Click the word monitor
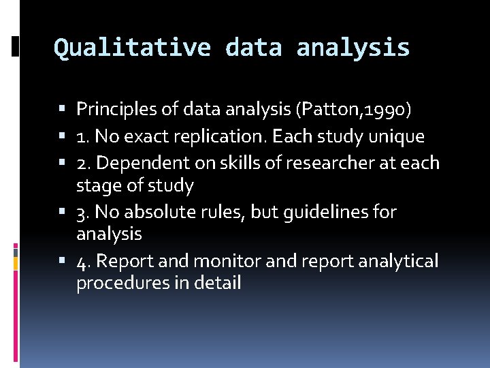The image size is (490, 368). click(220, 262)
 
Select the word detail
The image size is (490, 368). click(217, 283)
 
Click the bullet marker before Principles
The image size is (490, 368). click(63, 109)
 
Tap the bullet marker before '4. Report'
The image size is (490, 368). click(63, 262)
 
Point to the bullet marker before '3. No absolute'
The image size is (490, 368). click(63, 213)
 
